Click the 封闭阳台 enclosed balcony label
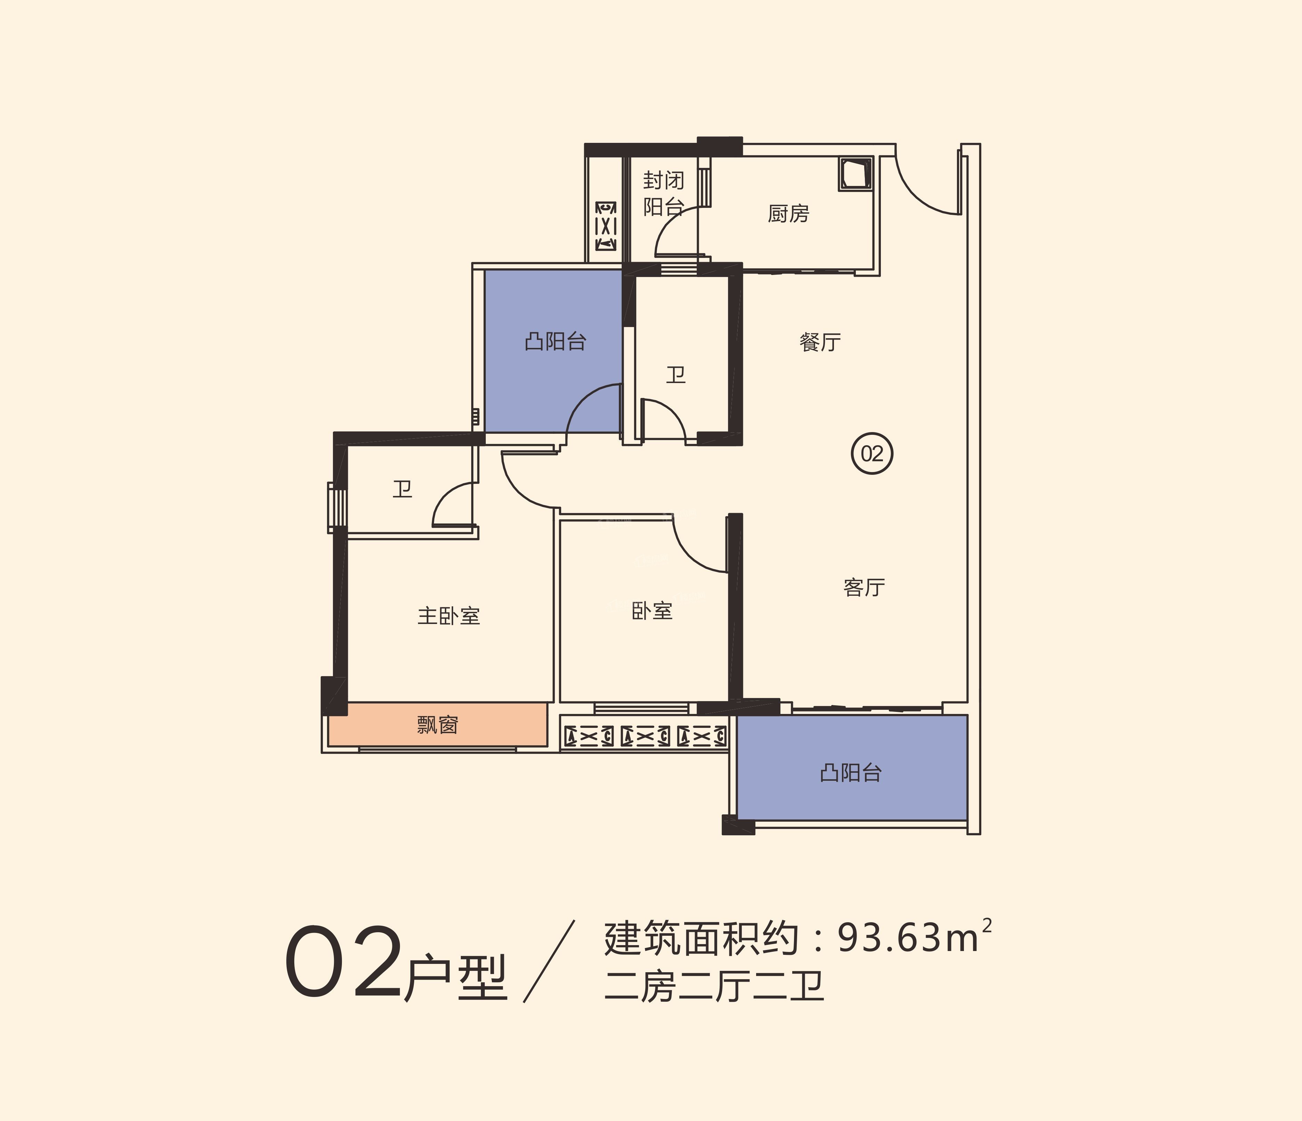[663, 194]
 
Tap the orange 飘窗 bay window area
[437, 725]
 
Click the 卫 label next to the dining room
[675, 375]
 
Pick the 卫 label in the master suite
[402, 489]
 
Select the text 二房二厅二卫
[714, 987]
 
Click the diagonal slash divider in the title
[549, 962]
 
